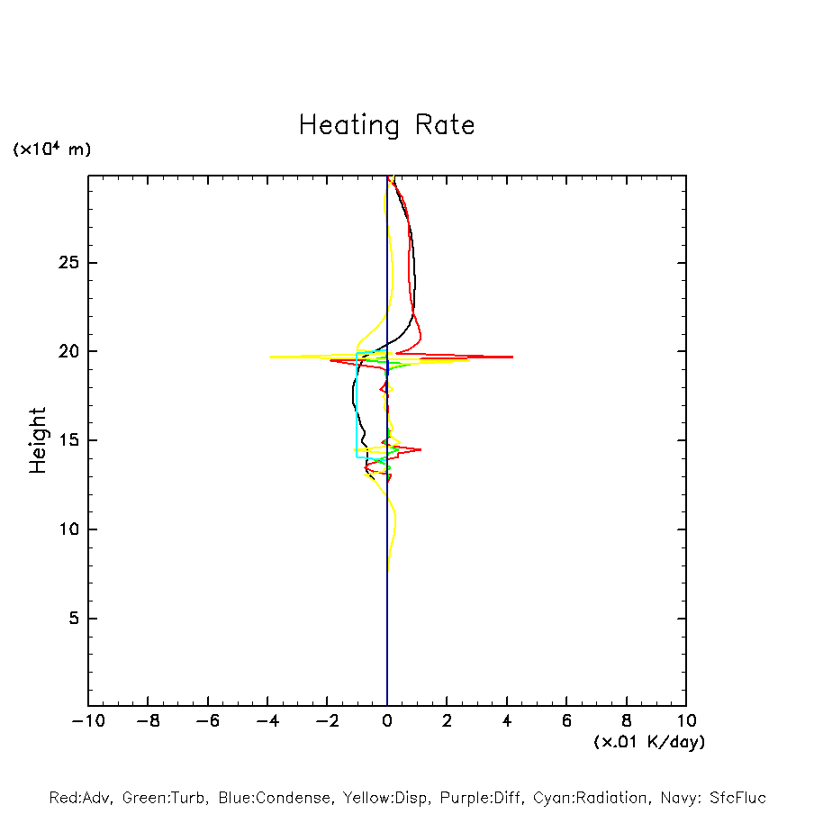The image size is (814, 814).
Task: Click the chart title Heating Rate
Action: click(386, 125)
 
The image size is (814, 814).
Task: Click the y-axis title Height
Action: click(38, 440)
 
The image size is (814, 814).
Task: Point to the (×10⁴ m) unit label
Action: click(51, 149)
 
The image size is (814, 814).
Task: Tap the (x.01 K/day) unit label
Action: click(648, 742)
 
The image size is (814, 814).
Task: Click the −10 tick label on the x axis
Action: click(87, 721)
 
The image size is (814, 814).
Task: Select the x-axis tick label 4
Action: click(507, 721)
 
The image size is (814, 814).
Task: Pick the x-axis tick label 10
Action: click(685, 721)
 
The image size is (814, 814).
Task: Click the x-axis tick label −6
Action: click(207, 721)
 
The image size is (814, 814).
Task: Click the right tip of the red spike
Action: click(512, 357)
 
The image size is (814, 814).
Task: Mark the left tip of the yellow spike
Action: click(270, 357)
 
